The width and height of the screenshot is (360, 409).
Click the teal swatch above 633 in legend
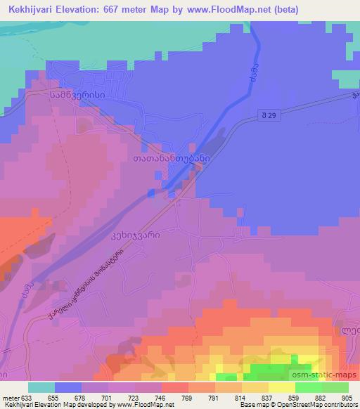[41, 387]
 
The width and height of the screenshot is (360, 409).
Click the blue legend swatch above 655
[68, 387]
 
